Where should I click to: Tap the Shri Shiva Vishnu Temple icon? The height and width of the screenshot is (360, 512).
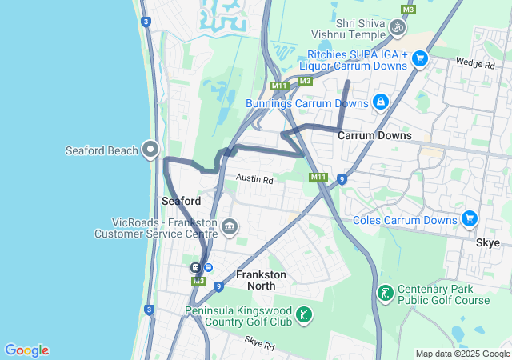coord(397,29)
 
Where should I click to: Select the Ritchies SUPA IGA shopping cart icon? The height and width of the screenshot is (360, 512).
coord(419,58)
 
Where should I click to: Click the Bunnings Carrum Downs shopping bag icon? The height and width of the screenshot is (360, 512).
coord(380,102)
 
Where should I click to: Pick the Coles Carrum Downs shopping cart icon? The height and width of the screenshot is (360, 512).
coord(469,219)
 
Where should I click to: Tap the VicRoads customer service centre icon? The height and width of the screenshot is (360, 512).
coord(230,228)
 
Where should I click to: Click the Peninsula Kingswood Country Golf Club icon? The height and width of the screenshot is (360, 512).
coord(303,314)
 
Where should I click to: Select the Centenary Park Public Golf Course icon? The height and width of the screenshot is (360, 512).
coord(386,294)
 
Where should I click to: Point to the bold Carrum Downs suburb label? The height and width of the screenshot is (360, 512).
coord(374,135)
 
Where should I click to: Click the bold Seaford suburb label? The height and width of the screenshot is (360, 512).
coord(181,200)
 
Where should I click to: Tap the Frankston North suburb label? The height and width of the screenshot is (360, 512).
coord(261,279)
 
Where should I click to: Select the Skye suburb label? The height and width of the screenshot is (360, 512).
coord(487,242)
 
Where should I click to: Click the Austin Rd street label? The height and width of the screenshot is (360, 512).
coord(254,180)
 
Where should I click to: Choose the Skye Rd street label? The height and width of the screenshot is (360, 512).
coord(260,346)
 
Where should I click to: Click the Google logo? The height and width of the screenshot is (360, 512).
coord(26,350)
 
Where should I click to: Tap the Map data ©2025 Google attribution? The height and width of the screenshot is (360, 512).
coord(462,354)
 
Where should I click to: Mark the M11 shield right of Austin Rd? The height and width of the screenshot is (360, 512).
coord(318,177)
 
